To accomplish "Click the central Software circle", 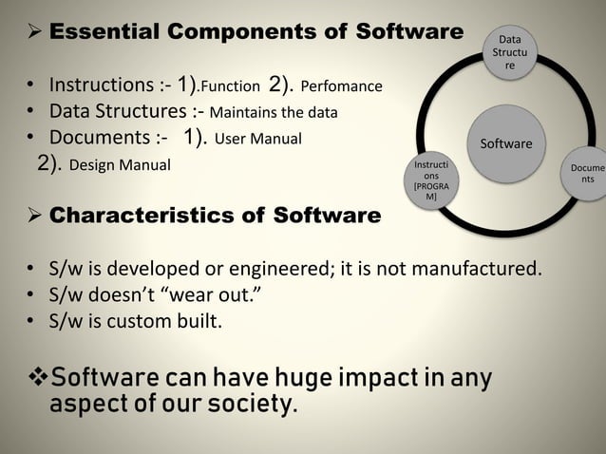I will (505, 144).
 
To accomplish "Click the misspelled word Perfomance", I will (341, 87).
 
